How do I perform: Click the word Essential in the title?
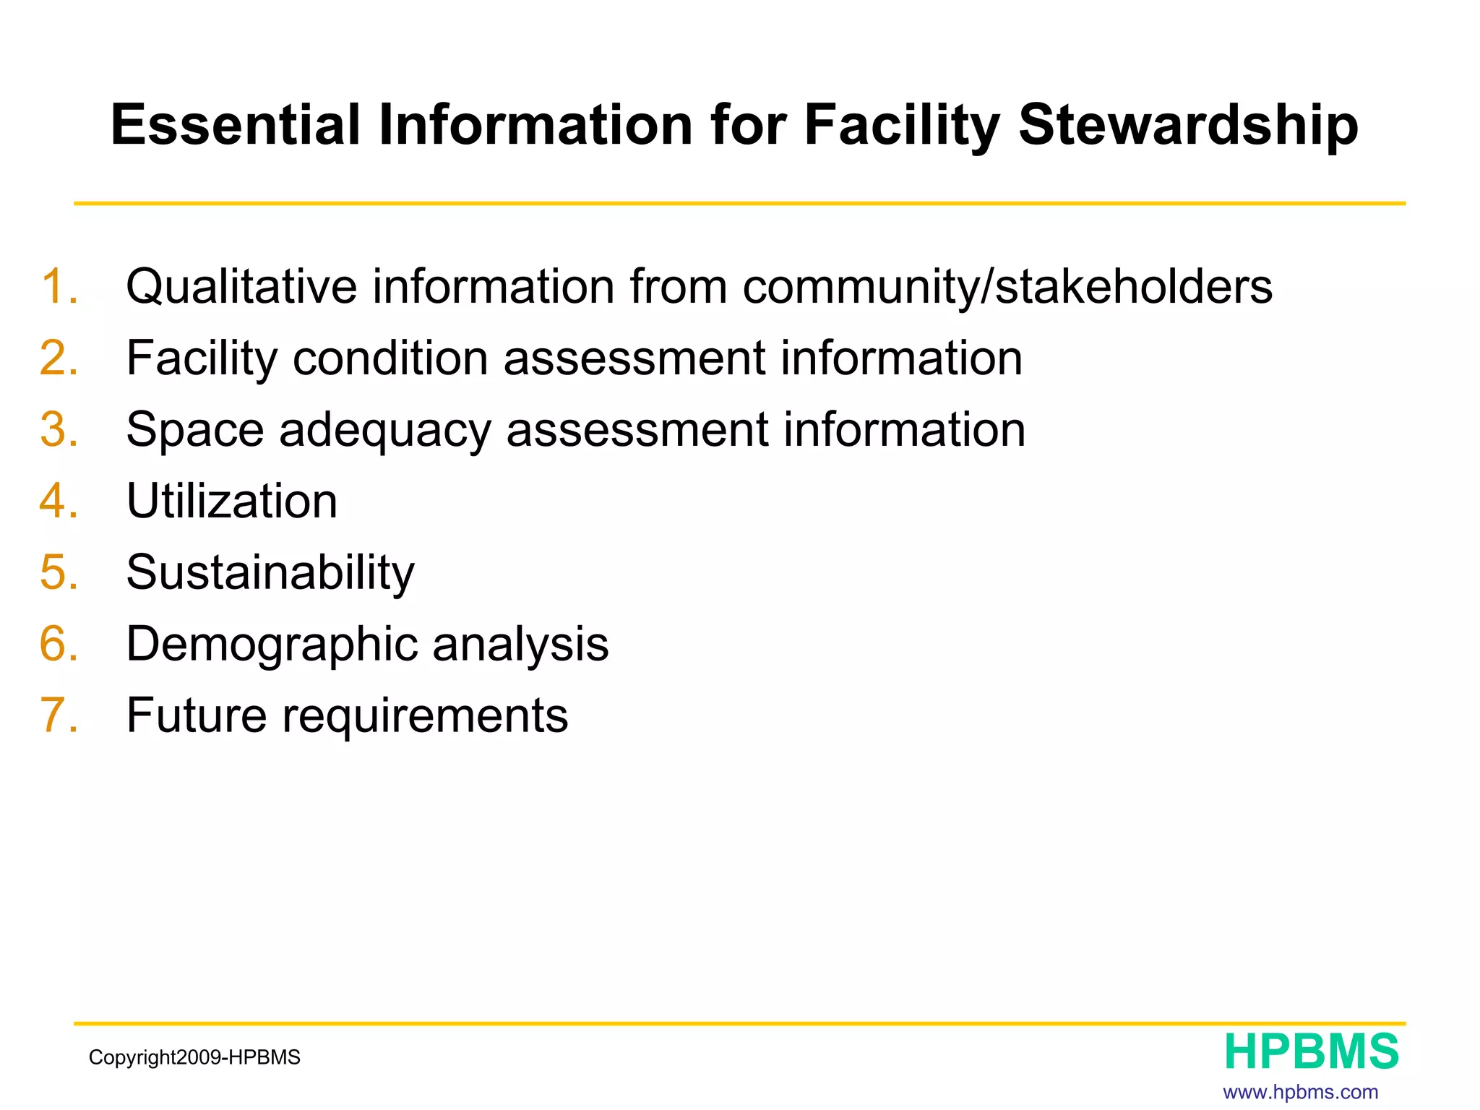point(235,125)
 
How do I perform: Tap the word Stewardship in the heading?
point(1188,125)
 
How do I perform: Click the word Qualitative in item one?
point(241,286)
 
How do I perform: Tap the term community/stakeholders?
point(1007,286)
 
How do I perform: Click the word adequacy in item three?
point(384,429)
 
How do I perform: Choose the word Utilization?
point(232,501)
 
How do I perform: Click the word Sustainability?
point(270,572)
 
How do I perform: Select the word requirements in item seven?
point(425,715)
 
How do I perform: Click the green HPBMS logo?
point(1312,1051)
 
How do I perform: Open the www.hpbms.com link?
point(1300,1092)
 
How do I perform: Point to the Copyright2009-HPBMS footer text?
point(194,1057)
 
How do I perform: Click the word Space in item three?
point(195,429)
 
